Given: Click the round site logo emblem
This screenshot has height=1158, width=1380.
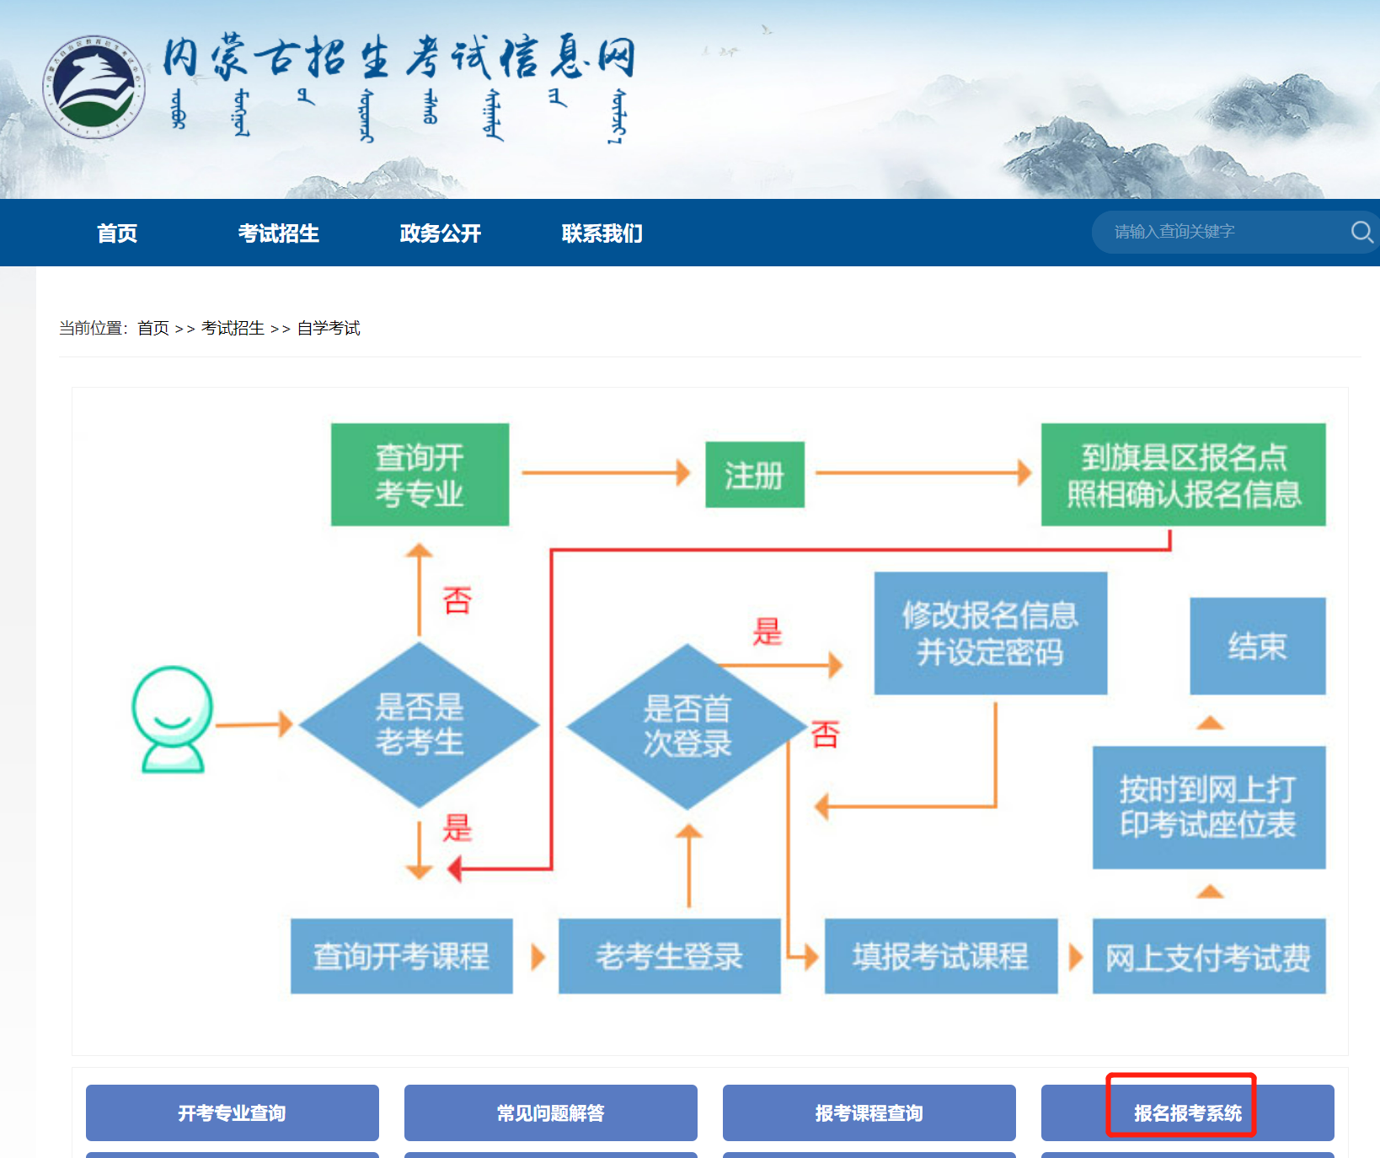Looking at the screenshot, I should coord(94,87).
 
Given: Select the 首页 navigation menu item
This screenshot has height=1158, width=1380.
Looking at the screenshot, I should coord(117,233).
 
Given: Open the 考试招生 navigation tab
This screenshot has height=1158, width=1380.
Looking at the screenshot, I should coord(278,233).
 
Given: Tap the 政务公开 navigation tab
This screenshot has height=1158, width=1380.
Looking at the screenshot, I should coord(440,233).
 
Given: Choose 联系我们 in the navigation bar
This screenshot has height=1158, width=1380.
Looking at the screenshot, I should coord(602,233).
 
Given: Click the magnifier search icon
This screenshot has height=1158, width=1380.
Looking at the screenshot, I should coord(1361,232).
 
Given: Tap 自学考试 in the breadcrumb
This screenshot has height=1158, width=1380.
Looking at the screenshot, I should coord(329,328).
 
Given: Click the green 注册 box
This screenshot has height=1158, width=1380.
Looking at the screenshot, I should coord(754,474).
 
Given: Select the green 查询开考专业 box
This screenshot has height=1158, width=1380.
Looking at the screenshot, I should coord(420,474).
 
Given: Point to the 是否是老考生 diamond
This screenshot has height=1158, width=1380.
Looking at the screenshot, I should coord(420,725).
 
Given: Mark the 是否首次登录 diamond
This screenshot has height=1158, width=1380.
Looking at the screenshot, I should coord(687,726).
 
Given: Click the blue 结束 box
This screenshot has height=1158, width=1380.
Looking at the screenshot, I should coord(1257,646).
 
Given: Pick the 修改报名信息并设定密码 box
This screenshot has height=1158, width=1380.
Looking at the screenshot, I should coord(990,633).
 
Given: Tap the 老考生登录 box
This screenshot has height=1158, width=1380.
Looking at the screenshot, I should coord(669,956).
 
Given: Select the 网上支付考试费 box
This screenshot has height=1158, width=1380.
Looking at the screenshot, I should coord(1208,957).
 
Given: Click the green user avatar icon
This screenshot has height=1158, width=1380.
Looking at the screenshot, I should coord(173,719).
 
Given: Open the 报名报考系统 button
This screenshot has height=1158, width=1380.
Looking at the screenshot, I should coord(1187,1112).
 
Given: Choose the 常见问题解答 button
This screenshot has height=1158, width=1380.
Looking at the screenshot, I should coord(550,1112).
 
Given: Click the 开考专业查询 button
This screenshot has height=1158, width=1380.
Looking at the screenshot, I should coord(232,1112).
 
